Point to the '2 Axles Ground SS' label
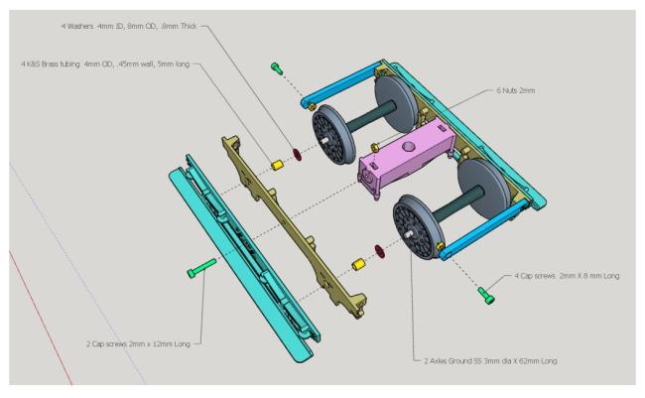tap(482, 360)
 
